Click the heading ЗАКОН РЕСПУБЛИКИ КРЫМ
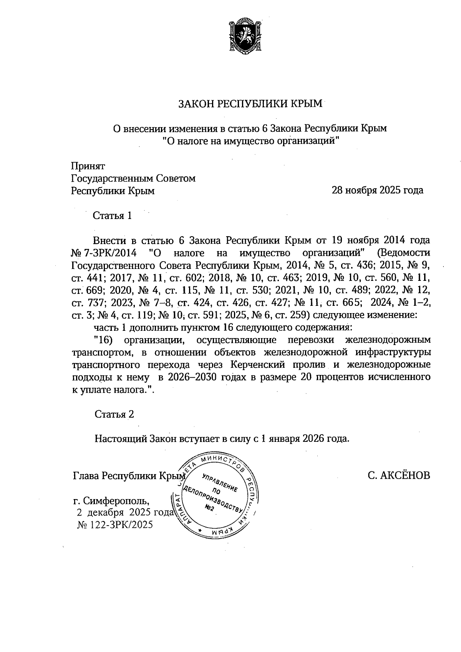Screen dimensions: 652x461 point(250,104)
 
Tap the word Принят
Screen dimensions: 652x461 point(88,166)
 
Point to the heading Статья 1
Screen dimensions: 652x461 point(113,216)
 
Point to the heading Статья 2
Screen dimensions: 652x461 point(114,414)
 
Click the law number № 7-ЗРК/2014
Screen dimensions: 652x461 point(104,253)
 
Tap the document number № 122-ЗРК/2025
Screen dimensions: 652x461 point(115,525)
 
